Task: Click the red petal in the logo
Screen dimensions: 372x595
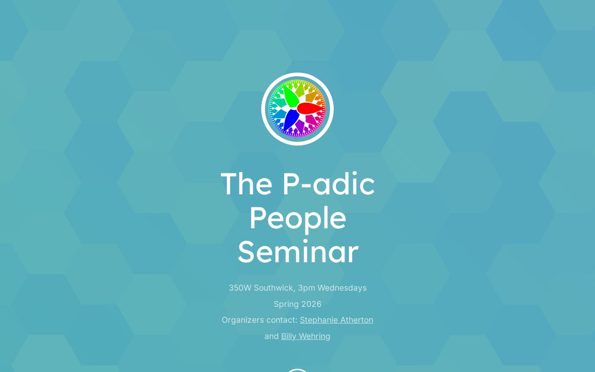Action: pyautogui.click(x=310, y=108)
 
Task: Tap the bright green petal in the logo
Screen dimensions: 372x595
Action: pyautogui.click(x=291, y=97)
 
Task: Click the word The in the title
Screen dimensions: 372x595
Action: pyautogui.click(x=246, y=184)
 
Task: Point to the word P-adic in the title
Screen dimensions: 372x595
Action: pyautogui.click(x=328, y=184)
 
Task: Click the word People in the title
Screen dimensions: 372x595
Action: pyautogui.click(x=297, y=218)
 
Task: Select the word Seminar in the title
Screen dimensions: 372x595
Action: pyautogui.click(x=297, y=252)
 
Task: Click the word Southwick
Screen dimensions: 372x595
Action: pyautogui.click(x=274, y=288)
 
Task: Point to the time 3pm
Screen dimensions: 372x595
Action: pyautogui.click(x=306, y=288)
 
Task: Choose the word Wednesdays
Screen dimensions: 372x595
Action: pyautogui.click(x=342, y=288)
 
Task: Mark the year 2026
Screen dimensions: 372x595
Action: pyautogui.click(x=311, y=304)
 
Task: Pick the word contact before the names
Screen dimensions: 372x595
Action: pyautogui.click(x=282, y=320)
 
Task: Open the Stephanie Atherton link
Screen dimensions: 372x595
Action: pyautogui.click(x=336, y=320)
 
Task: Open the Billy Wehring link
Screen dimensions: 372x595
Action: pyautogui.click(x=305, y=336)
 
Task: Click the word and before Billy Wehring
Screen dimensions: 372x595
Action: pyautogui.click(x=271, y=336)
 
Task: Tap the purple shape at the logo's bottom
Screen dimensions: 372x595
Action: pyautogui.click(x=299, y=126)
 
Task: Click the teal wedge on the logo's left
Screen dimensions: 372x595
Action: pyautogui.click(x=278, y=114)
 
